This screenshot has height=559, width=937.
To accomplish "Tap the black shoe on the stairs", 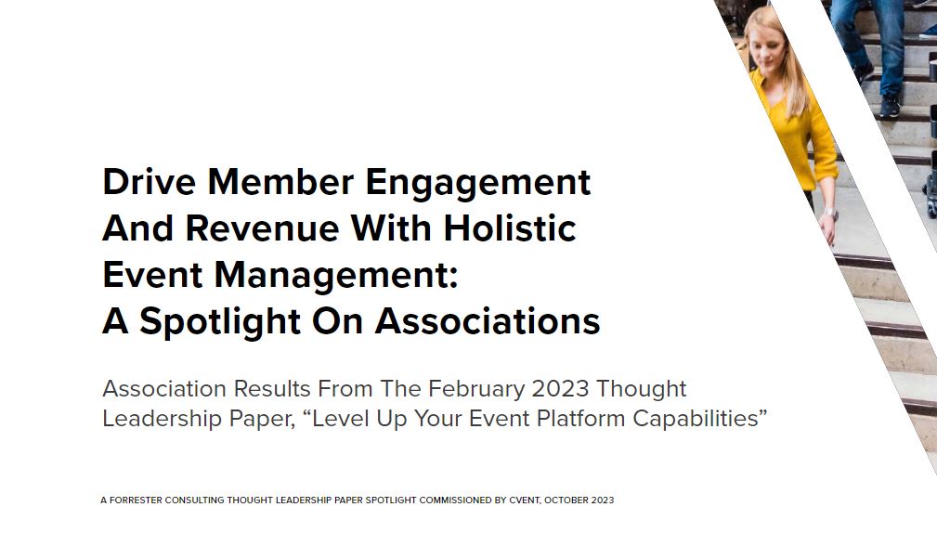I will point(889,104).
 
